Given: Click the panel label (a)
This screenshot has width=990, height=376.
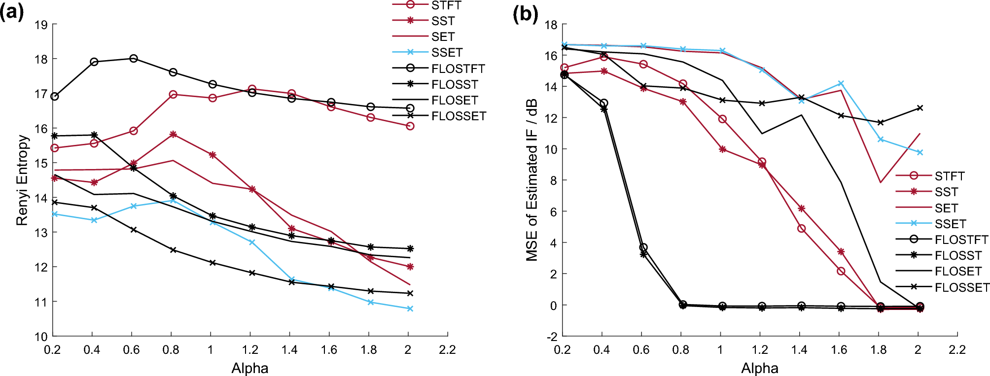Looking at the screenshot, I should [x=12, y=12].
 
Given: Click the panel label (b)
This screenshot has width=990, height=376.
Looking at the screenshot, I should [x=525, y=13].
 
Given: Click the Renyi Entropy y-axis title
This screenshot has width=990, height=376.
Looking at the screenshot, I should [x=22, y=180].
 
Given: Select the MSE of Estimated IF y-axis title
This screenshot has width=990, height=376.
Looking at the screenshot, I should [x=531, y=180].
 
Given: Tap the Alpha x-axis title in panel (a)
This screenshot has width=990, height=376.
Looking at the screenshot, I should [x=249, y=368].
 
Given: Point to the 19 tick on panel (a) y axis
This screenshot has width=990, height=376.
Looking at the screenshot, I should [x=41, y=25].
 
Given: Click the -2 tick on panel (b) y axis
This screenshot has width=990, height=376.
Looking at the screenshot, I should [x=551, y=337].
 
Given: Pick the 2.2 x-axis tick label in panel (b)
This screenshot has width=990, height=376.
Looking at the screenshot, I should [x=957, y=350].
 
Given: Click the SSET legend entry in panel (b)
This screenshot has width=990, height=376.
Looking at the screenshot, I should [x=950, y=224].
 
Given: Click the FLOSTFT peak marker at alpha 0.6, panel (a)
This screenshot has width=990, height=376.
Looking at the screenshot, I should [x=134, y=59].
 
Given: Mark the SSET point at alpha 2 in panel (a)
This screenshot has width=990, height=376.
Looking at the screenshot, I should [x=410, y=308].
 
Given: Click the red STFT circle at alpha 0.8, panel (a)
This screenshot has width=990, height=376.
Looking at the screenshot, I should [x=173, y=95].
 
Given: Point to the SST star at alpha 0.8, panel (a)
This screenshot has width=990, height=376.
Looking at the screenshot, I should [x=173, y=134].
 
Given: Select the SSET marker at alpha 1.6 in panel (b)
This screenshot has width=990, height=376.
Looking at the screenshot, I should [x=841, y=83].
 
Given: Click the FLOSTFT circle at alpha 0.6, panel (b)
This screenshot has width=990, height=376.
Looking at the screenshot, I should [x=643, y=247].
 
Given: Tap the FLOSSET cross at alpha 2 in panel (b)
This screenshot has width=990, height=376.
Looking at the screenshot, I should [x=920, y=108].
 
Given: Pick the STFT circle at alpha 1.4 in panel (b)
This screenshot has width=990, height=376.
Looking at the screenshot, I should [x=802, y=229].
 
